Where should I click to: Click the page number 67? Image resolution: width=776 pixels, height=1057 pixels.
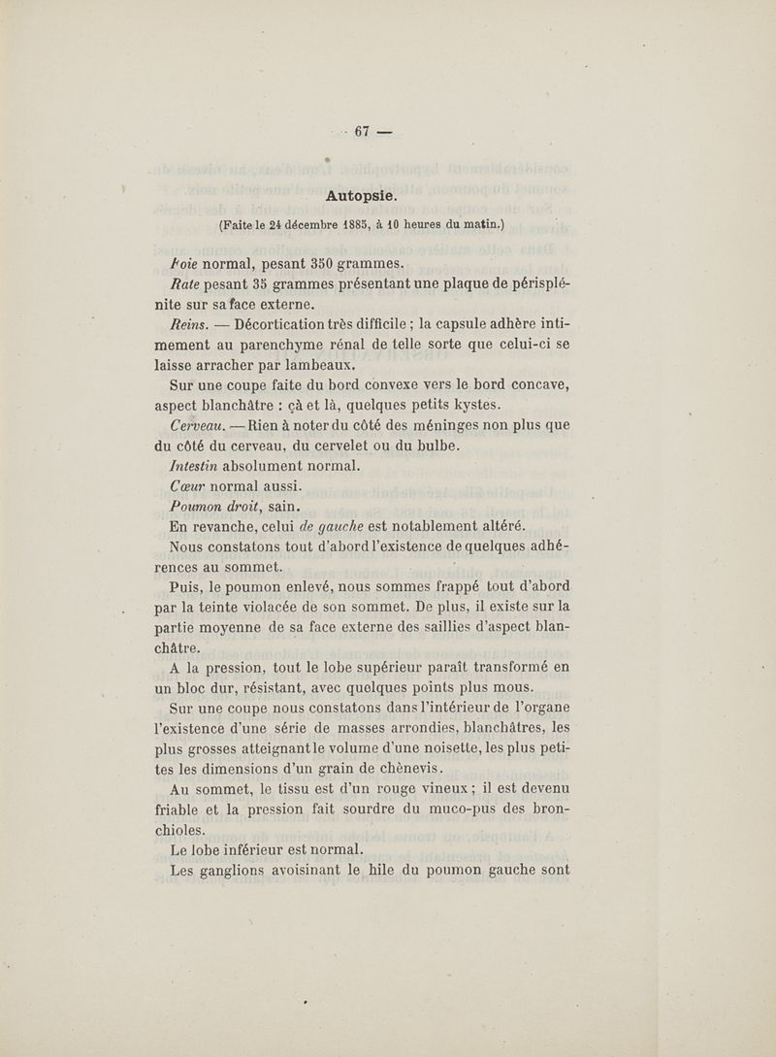364,133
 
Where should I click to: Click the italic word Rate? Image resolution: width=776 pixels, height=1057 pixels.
185,283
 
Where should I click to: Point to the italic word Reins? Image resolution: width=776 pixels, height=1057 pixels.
189,325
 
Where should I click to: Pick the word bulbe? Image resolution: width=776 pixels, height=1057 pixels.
436,446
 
